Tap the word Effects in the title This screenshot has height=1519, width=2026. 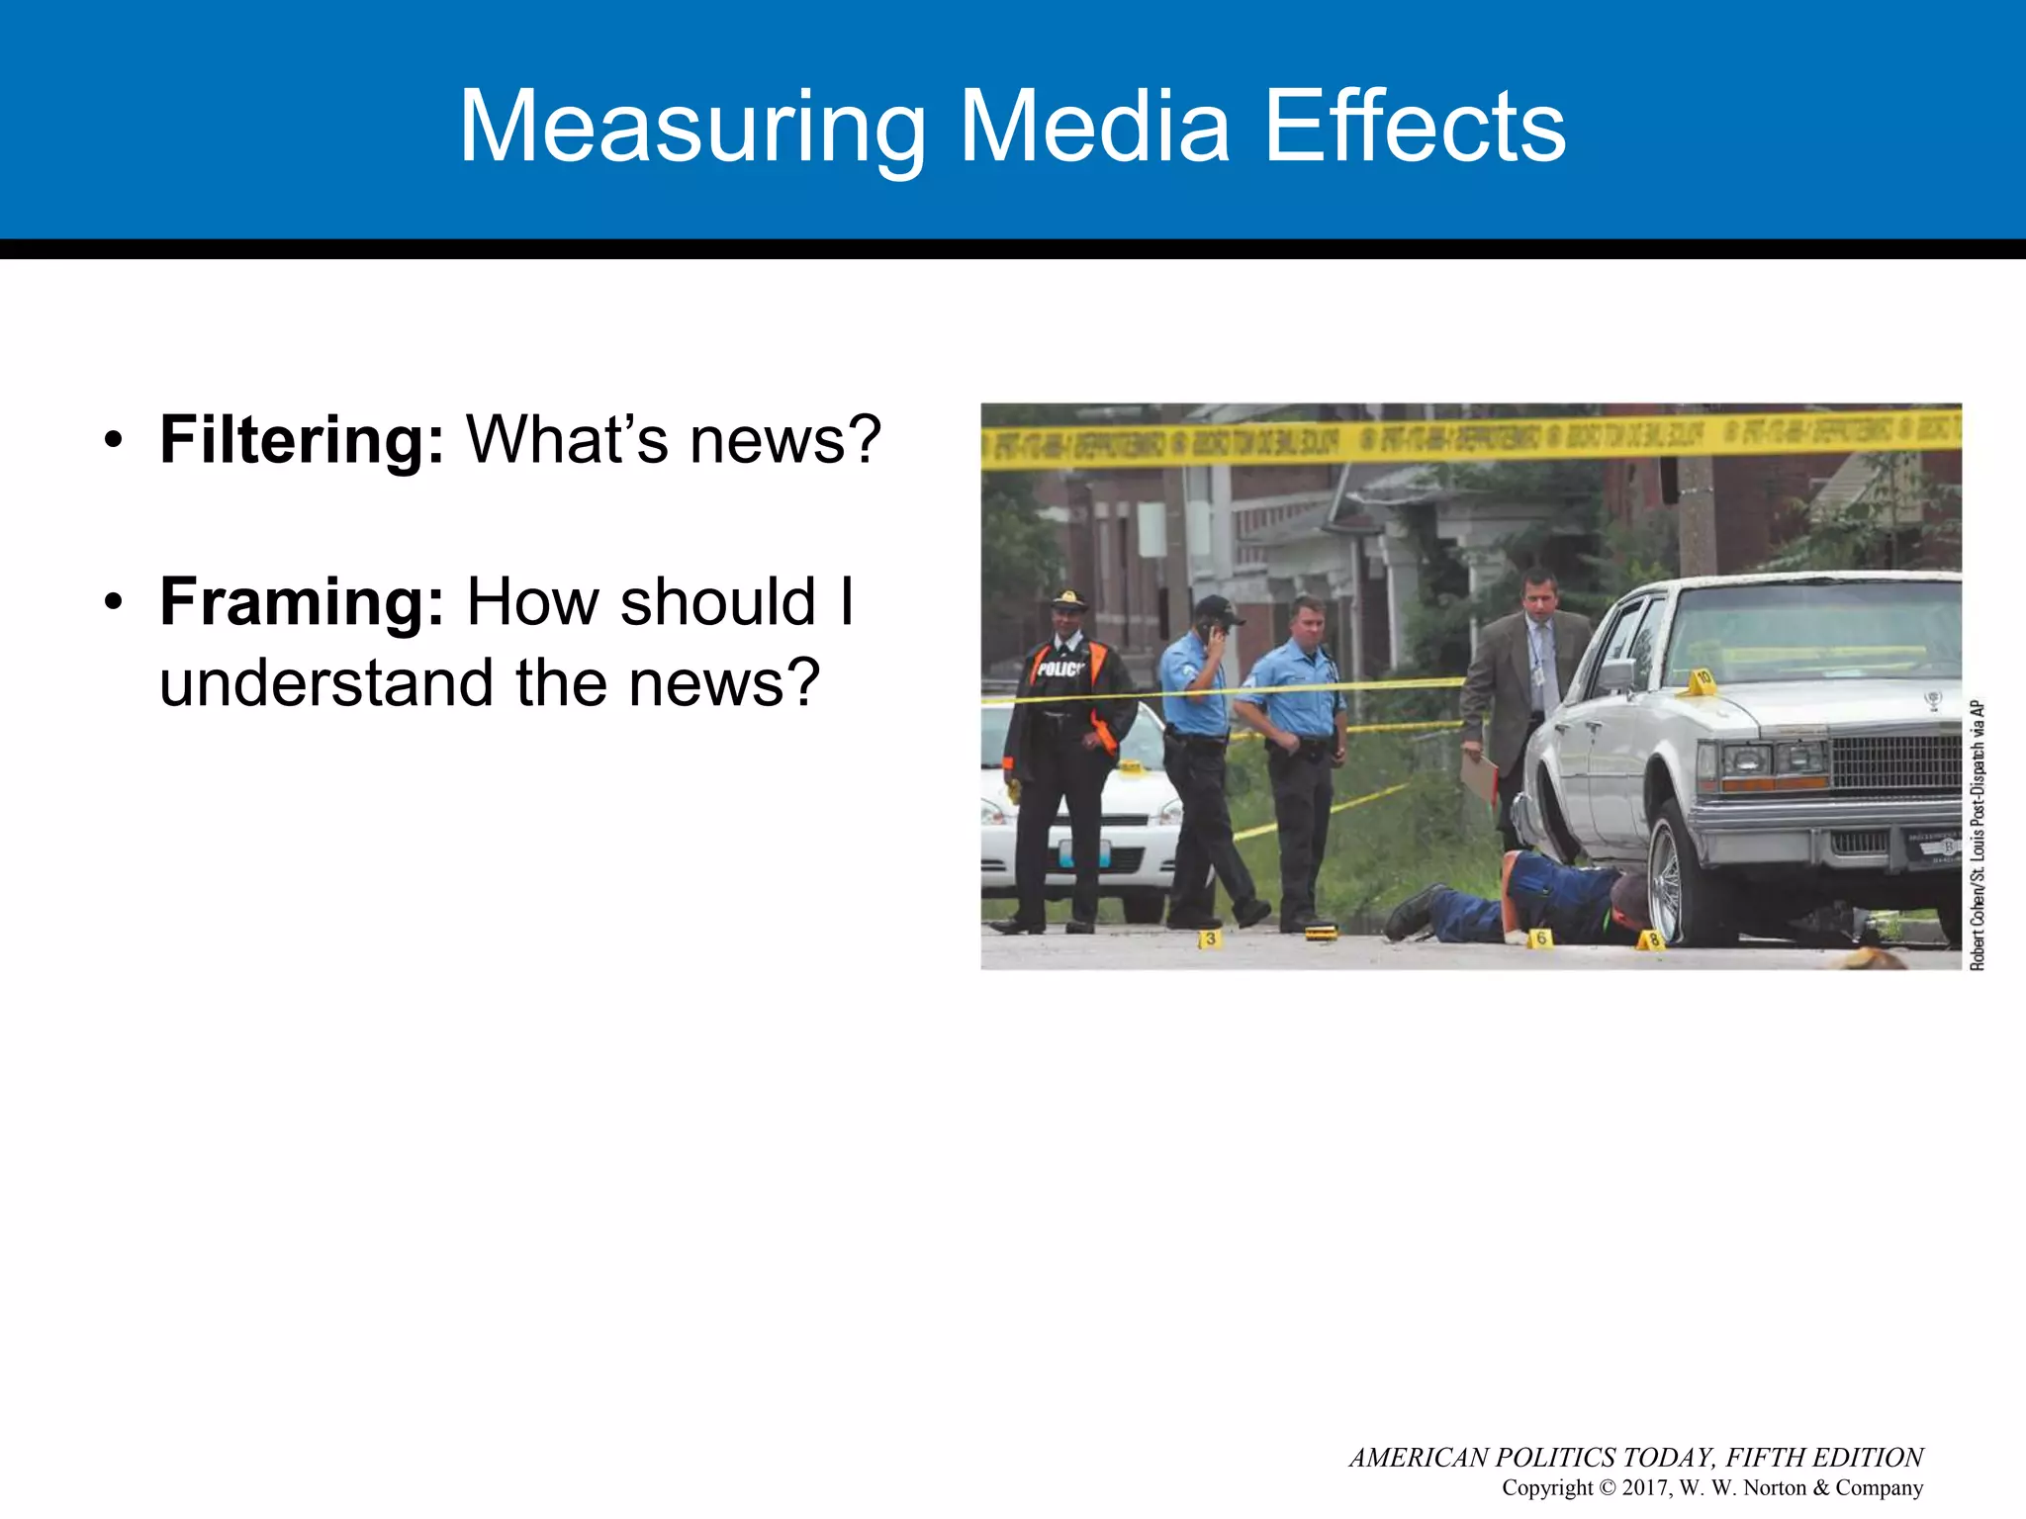pyautogui.click(x=1416, y=127)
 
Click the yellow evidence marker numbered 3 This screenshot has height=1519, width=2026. pyautogui.click(x=1209, y=938)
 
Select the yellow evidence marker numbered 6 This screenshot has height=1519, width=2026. pyautogui.click(x=1539, y=937)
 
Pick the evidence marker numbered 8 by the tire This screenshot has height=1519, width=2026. pyautogui.click(x=1651, y=939)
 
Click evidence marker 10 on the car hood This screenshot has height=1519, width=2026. pyautogui.click(x=1702, y=680)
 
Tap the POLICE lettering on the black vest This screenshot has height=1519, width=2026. pyautogui.click(x=1059, y=670)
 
